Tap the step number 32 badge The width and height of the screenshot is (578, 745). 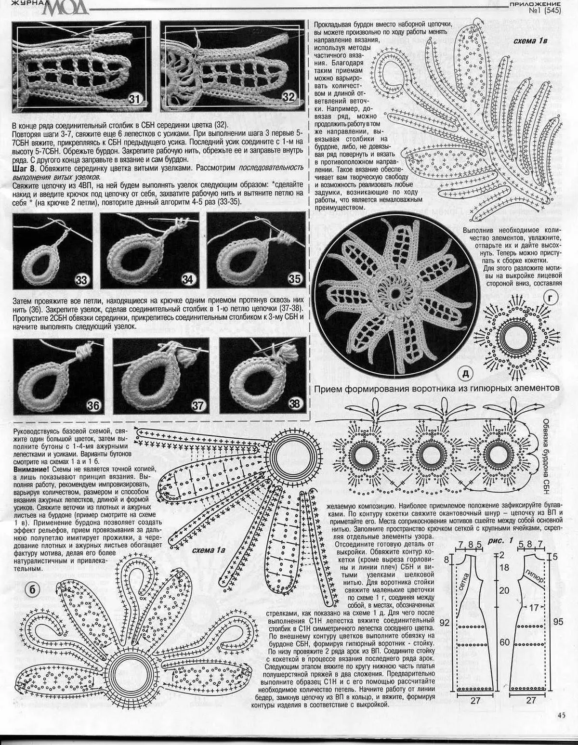pos(289,97)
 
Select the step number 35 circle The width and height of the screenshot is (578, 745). pos(294,279)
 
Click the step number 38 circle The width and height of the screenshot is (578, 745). pos(294,404)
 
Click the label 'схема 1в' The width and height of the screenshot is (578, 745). pos(530,41)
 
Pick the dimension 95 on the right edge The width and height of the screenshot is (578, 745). pos(558,621)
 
